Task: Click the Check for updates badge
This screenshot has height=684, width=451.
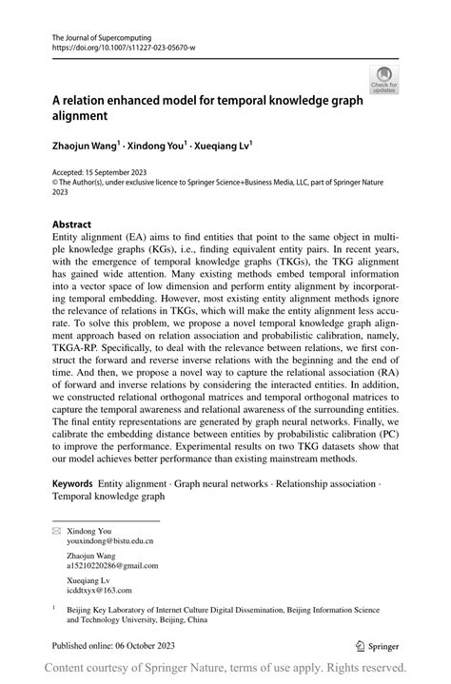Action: pyautogui.click(x=384, y=79)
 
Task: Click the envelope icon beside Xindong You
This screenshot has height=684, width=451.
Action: pyautogui.click(x=56, y=531)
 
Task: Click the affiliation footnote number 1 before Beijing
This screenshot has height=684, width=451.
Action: pyautogui.click(x=54, y=605)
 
